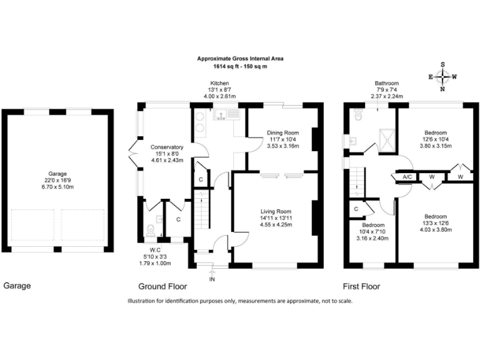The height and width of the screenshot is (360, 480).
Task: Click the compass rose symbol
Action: [x=443, y=77]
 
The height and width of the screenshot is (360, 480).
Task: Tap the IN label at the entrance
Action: [x=212, y=279]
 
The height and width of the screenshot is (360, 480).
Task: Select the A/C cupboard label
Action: [x=407, y=177]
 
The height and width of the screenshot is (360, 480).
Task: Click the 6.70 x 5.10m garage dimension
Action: [x=57, y=187]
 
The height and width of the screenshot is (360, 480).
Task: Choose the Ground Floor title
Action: [x=162, y=287]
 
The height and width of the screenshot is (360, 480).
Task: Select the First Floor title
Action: [x=361, y=287]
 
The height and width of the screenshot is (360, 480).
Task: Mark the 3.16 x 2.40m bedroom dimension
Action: [x=372, y=238]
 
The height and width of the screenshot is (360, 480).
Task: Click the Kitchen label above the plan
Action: [x=219, y=83]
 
